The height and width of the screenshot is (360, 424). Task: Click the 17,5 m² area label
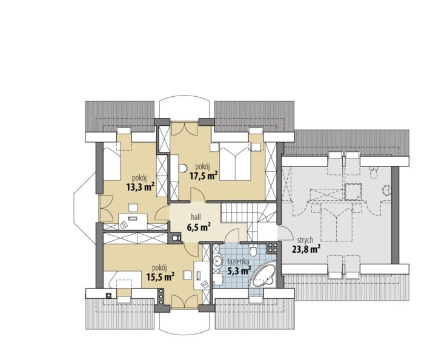click(x=204, y=176)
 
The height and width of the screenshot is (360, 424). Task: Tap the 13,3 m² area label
click(x=141, y=187)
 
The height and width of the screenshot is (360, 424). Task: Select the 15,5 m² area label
click(x=160, y=277)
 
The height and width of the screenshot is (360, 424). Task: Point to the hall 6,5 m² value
click(x=199, y=227)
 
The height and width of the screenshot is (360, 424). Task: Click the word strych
click(x=305, y=240)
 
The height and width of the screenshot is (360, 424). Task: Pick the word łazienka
click(x=238, y=261)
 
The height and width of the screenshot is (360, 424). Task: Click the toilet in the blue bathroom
click(x=253, y=250)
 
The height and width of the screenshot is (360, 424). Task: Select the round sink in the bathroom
click(x=217, y=261)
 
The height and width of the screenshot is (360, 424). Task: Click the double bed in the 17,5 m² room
click(x=235, y=164)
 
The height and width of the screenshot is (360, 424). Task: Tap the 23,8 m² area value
click(x=306, y=249)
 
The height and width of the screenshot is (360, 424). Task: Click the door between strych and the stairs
click(x=285, y=233)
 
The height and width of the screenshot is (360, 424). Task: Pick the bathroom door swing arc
click(x=232, y=235)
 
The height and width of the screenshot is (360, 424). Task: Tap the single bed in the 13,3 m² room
click(x=111, y=164)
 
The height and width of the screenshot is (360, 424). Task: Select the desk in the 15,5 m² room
click(x=202, y=275)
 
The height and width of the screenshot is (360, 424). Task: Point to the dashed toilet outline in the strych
click(x=374, y=172)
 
